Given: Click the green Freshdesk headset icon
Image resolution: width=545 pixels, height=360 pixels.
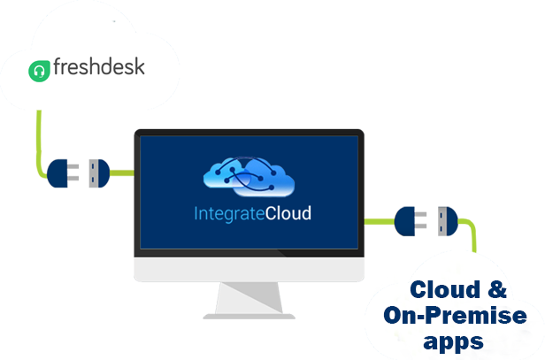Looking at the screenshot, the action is coord(39,72).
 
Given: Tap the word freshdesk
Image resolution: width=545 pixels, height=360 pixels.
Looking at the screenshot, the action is coord(99,66).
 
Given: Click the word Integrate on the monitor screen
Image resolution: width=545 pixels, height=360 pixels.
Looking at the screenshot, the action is coord(229,214).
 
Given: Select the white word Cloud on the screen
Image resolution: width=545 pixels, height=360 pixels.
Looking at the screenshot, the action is coord(288,213).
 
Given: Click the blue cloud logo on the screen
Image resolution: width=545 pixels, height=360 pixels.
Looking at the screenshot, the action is coord(249,177).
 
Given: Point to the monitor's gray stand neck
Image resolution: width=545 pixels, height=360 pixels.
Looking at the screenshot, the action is coord(249,298).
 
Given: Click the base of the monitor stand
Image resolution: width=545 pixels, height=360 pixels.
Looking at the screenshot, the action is coord(249,317).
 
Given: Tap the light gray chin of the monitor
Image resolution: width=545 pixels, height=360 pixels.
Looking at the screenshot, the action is coord(249,269).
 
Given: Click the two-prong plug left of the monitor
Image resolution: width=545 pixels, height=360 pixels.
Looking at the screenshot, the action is coord(63,173).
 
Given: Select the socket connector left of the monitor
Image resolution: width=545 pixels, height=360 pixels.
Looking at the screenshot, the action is coord(99,173).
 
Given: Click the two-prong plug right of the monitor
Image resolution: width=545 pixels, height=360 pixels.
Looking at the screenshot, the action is coord(411,221).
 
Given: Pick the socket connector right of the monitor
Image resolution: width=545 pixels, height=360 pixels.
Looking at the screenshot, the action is coord(448,221).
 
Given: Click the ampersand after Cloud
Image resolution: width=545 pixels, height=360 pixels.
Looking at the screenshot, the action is coord(497,289).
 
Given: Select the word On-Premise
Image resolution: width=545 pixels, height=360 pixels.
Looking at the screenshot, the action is coord(455,315).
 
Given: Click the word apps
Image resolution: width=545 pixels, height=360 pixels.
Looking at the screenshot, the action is coord(453,342).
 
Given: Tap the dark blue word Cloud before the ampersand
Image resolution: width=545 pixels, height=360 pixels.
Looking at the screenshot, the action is coord(445,289).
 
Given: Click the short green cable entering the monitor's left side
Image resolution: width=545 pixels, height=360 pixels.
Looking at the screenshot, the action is coord(122,173).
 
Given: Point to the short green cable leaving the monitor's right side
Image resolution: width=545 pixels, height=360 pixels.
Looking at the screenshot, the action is coord(380,221).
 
